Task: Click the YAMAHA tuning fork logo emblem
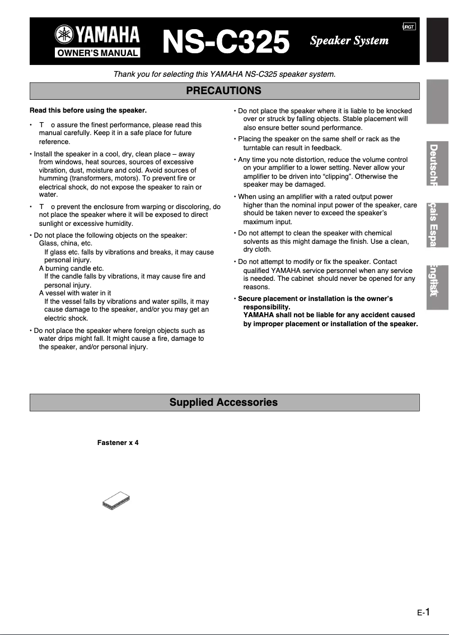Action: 63,35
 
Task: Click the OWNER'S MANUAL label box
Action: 97,53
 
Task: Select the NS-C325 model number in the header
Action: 226,41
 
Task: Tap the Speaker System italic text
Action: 349,40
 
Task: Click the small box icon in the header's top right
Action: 409,27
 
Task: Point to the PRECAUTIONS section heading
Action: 224,91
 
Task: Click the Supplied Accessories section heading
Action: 224,402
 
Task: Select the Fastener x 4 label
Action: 118,443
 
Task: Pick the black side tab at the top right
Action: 437,39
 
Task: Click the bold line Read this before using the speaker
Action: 88,110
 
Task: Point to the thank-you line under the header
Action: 224,74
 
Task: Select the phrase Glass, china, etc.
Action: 66,243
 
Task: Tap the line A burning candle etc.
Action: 71,268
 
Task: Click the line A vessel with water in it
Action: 75,293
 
